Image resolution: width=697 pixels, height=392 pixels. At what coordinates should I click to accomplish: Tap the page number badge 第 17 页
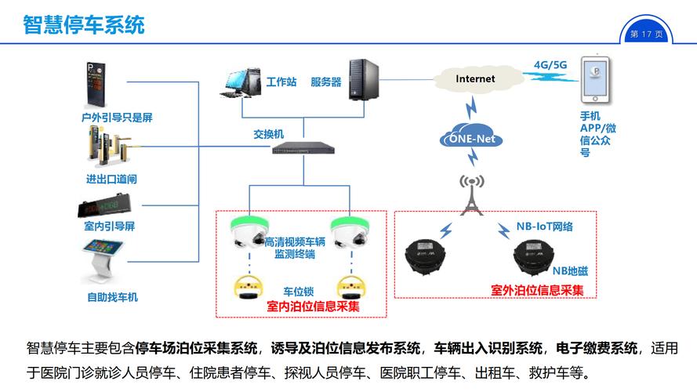click(647, 34)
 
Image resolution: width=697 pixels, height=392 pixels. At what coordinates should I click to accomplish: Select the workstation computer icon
click(241, 82)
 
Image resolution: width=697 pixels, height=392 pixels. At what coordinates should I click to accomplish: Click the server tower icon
click(363, 79)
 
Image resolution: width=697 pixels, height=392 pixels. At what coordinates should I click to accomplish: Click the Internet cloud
click(476, 78)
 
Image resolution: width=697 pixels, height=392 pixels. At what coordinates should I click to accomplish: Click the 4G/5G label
click(550, 64)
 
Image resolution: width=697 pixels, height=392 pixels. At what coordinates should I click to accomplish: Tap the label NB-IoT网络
click(544, 227)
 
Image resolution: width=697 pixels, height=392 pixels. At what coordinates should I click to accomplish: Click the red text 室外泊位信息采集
click(537, 290)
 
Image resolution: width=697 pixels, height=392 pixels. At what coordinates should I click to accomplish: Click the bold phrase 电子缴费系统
click(597, 348)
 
